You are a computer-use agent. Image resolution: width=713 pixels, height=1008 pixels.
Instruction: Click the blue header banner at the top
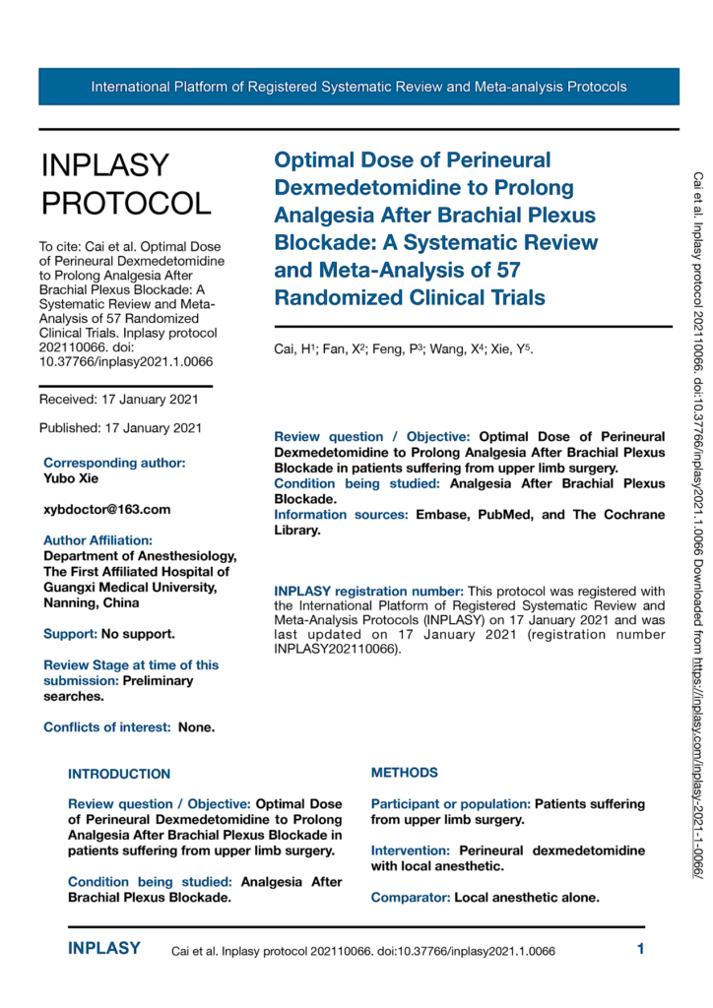[x=358, y=87]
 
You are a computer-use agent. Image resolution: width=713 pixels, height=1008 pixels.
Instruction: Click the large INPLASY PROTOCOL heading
[x=125, y=184]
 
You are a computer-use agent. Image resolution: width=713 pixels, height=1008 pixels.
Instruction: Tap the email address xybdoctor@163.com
[x=106, y=509]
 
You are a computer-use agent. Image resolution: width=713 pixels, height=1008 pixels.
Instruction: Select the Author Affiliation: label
[x=97, y=540]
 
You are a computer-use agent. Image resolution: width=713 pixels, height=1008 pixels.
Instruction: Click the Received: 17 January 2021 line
[x=119, y=399]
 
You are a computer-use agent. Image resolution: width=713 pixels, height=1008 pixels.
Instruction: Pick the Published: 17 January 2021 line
[x=120, y=428]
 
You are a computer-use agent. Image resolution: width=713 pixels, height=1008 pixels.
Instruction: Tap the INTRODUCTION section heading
[x=118, y=746]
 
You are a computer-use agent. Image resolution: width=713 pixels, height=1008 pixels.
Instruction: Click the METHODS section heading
[x=405, y=745]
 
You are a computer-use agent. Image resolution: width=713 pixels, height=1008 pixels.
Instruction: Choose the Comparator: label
[x=411, y=898]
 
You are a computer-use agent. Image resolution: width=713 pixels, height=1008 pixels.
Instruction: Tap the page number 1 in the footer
[x=641, y=950]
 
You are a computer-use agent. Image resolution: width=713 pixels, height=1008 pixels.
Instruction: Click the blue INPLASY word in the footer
[x=103, y=949]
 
